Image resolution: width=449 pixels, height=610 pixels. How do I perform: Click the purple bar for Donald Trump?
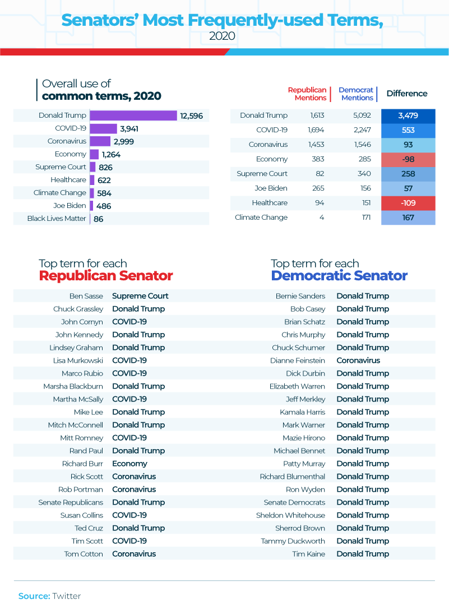point(133,115)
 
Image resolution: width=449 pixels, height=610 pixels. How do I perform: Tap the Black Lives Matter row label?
point(57,219)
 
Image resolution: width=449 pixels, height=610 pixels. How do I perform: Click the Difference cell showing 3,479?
point(408,115)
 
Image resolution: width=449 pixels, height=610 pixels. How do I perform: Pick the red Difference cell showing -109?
point(408,203)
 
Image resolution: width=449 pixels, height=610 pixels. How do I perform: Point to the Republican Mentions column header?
point(307,94)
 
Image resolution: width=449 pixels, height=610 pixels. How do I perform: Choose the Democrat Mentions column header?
point(356,94)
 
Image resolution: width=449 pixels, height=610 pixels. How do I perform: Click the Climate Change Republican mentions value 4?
point(322,218)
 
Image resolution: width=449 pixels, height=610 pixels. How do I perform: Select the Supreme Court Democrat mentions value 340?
point(363,174)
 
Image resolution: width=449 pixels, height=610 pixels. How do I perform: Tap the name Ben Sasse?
point(86,296)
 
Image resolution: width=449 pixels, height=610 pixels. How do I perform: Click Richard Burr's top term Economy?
point(129,464)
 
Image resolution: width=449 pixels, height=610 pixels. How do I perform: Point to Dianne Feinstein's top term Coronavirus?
point(358,361)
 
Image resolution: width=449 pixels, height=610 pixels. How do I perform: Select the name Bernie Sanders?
point(300,296)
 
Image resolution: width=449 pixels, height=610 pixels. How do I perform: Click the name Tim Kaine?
point(309,554)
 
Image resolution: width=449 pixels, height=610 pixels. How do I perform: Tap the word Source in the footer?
point(34,596)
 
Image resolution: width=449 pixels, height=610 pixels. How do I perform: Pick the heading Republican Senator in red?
point(106,276)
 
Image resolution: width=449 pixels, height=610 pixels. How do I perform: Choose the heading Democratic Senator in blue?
point(339,276)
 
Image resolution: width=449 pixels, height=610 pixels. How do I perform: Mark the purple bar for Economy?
point(94,154)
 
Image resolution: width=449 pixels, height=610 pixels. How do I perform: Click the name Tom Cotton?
point(84,554)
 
